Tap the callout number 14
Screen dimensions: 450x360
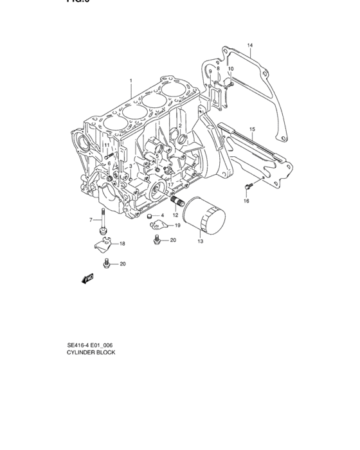[250, 45]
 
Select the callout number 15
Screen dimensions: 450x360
[252, 129]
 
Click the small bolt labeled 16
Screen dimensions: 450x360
[248, 186]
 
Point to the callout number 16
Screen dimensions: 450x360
[246, 201]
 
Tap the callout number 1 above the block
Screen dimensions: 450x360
[130, 81]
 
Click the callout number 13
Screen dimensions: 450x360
[200, 241]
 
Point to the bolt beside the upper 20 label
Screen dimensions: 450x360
[156, 240]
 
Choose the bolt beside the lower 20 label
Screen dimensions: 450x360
[107, 263]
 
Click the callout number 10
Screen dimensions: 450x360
[231, 69]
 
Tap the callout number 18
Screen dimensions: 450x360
[122, 244]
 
